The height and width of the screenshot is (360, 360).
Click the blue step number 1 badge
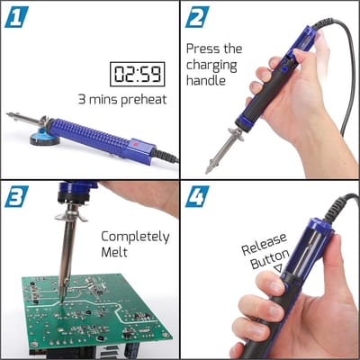pos(16,17)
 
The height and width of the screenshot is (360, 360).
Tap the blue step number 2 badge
pos(197,17)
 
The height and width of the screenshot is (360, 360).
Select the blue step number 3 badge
pos(16,196)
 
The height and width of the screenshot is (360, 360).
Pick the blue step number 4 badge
pos(197,196)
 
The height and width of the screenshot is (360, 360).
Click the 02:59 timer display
pos(138,74)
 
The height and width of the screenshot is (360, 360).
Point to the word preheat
pos(144,100)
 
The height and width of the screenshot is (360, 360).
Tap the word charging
pos(211,66)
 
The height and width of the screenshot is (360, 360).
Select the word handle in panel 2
pos(206,80)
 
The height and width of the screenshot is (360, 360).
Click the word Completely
pos(135,238)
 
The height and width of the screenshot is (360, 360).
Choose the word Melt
pos(114,252)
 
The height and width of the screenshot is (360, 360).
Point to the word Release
pos(264,244)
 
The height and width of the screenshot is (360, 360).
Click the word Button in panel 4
pos(270,259)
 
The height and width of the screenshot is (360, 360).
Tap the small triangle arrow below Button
pos(279,267)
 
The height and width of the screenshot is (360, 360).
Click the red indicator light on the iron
pos(135,145)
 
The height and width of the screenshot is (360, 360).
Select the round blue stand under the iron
pos(44,138)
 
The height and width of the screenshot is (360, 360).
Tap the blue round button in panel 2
pos(283,70)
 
